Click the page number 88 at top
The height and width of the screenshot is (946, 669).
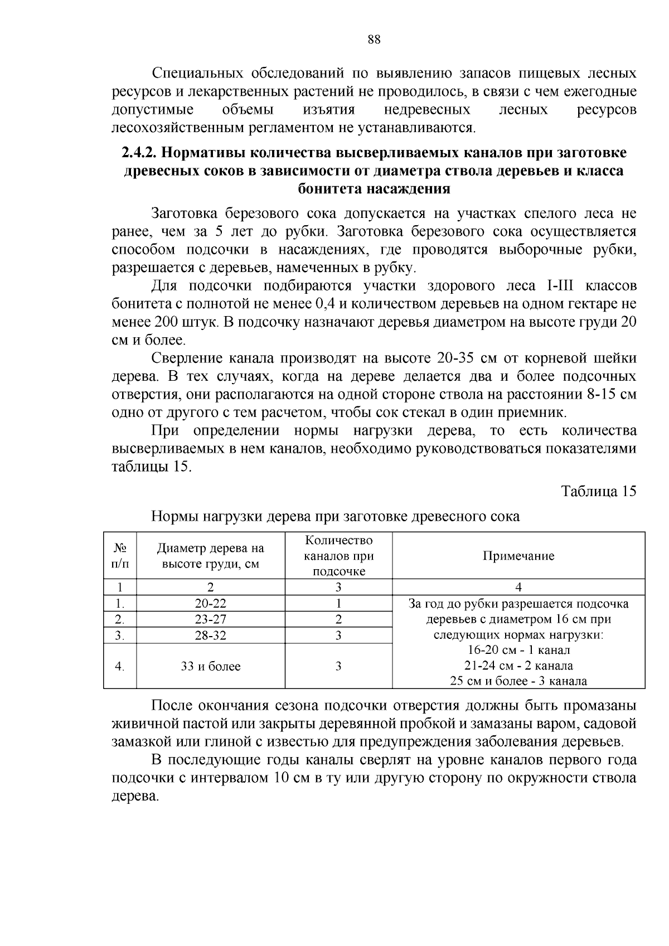pos(374,40)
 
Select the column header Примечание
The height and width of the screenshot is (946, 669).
pos(518,556)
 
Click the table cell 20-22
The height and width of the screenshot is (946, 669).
pos(211,604)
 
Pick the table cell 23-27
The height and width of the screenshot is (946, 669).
pos(211,619)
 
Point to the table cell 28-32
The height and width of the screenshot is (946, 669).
pos(211,635)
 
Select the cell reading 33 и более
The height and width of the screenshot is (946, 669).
pos(211,666)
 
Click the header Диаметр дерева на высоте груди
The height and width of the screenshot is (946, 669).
pos(211,556)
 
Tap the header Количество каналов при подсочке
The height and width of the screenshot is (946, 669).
pos(338,556)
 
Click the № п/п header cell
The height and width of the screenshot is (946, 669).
pos(120,556)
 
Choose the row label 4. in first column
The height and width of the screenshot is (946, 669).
pos(119,666)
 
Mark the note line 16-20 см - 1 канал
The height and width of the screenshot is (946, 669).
pos(518,650)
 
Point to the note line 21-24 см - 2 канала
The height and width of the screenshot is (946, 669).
pos(518,666)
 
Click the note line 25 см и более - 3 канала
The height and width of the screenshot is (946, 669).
pos(518,681)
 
